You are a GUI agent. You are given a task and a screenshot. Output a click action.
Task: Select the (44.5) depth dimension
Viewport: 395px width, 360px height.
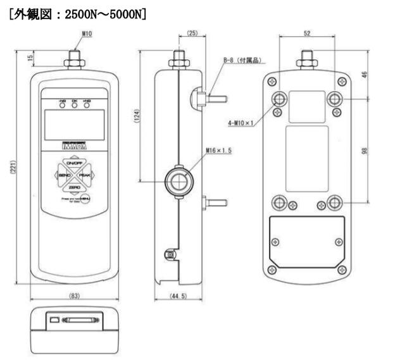pyautogui.click(x=178, y=295)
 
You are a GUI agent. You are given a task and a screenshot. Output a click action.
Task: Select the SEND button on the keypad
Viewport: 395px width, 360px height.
pyautogui.click(x=63, y=175)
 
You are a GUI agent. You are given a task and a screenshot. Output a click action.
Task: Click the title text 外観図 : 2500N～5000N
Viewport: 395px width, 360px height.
pyautogui.click(x=77, y=11)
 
